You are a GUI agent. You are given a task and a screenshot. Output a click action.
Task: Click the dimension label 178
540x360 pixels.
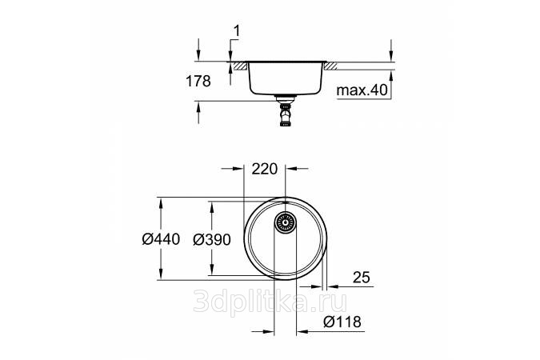click(198, 82)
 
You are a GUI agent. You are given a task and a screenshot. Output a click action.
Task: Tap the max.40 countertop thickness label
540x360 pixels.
click(362, 90)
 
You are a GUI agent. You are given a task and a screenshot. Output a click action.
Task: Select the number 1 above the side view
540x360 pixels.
click(237, 31)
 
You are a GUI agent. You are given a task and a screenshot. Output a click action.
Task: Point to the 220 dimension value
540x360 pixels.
click(265, 169)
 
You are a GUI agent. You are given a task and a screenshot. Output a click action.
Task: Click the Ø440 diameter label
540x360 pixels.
click(161, 238)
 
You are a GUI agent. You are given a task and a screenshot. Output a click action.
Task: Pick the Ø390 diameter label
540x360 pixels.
click(212, 239)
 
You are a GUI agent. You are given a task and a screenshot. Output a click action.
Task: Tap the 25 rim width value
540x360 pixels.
click(362, 277)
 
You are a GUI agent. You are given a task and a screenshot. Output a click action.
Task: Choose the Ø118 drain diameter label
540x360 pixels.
click(342, 322)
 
